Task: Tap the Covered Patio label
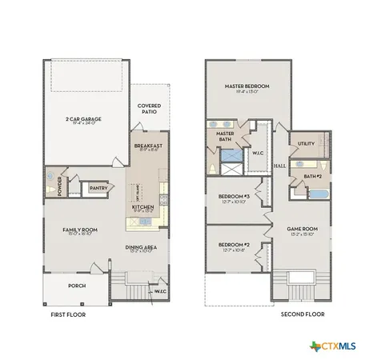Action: [x=149, y=108]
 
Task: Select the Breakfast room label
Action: [x=149, y=146]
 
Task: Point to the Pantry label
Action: [x=98, y=188]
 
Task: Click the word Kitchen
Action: [x=142, y=207]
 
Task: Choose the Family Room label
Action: [x=79, y=230]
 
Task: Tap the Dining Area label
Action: [x=140, y=247]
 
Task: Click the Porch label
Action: [x=77, y=286]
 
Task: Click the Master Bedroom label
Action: [x=247, y=86]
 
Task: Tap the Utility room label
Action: [x=307, y=143]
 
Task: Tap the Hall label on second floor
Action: [x=279, y=166]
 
